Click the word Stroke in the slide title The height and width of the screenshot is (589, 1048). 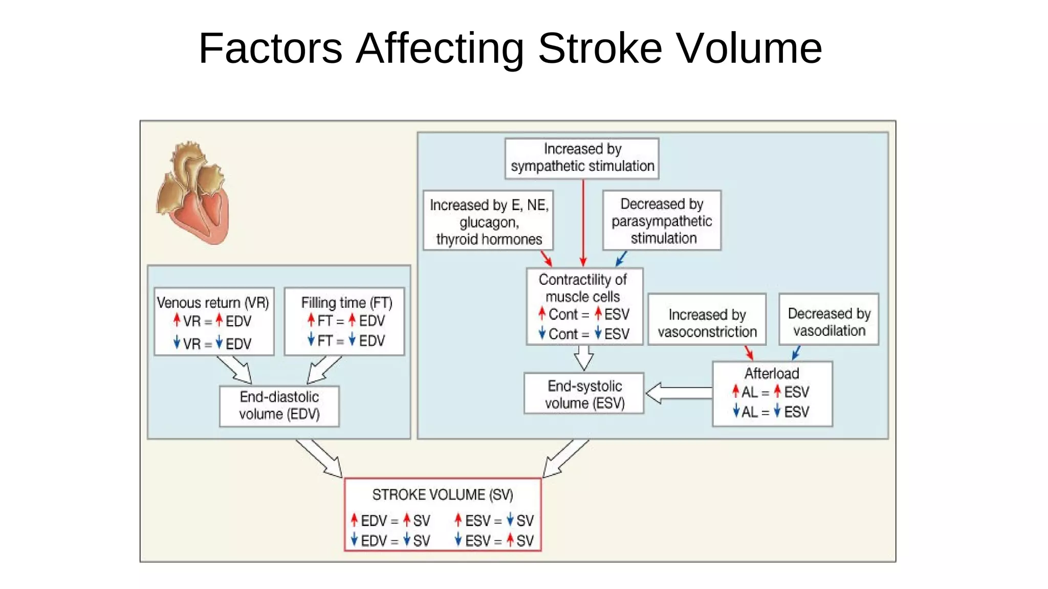coord(600,48)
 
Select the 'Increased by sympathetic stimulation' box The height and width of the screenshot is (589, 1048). coord(582,158)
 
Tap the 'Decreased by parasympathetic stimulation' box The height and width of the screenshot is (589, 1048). coord(662,221)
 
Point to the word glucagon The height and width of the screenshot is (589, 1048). coord(489,222)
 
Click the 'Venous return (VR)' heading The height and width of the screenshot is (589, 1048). coord(213,303)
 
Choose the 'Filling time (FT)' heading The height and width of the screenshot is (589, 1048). coord(346,303)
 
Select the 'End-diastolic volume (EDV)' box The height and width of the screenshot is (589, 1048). coord(279,405)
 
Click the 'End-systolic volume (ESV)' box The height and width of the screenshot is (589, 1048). coord(584,394)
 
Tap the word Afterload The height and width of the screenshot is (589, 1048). coord(772,373)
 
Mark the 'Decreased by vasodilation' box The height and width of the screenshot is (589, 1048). coord(829,322)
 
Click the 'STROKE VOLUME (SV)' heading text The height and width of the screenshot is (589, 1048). coord(442,495)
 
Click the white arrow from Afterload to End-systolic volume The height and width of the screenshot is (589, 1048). coord(678,393)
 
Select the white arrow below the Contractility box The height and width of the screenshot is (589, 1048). coord(584,357)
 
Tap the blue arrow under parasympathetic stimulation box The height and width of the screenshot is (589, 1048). coord(621,258)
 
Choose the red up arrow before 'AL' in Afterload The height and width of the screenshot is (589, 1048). coord(735,392)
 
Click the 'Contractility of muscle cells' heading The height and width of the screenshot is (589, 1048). coord(583,288)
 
